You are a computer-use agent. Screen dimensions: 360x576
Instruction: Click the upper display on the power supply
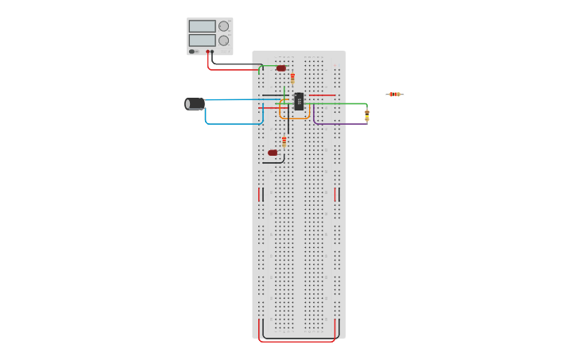tap(202, 26)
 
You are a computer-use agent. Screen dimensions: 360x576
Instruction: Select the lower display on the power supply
tap(202, 40)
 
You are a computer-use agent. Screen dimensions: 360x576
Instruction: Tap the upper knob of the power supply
tap(223, 26)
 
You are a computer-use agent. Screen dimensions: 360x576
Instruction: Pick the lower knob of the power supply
tap(223, 41)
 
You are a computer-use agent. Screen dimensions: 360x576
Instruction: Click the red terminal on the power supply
tap(207, 52)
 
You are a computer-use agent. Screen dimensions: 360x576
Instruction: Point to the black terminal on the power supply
tap(212, 52)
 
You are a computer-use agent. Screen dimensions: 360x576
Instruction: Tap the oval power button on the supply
tap(192, 52)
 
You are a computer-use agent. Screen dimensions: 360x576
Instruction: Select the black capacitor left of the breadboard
tap(195, 103)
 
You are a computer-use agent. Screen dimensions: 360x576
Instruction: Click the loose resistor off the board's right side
tap(394, 95)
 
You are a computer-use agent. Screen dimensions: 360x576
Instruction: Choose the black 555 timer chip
tap(299, 102)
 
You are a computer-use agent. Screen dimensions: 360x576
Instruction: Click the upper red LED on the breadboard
tap(281, 68)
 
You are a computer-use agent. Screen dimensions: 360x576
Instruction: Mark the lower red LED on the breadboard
tap(273, 153)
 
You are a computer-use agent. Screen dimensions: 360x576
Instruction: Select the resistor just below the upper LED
tap(292, 78)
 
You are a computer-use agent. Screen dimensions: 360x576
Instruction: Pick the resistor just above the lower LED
tap(284, 141)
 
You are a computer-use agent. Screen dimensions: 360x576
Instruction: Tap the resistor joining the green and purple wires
tap(367, 114)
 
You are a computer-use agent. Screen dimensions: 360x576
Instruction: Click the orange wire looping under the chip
tap(294, 118)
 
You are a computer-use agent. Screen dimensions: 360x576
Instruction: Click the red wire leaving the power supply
tap(230, 70)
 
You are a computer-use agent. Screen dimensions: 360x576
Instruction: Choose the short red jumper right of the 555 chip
tap(322, 96)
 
